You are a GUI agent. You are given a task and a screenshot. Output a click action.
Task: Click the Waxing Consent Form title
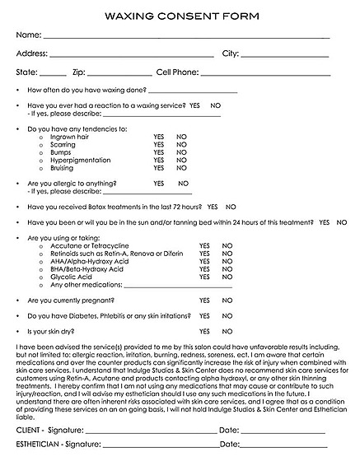180,16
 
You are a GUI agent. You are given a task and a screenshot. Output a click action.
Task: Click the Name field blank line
185,37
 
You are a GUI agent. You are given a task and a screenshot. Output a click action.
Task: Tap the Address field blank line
131,56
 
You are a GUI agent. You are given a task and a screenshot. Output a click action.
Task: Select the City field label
230,54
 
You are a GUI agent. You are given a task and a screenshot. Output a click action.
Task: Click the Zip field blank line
119,75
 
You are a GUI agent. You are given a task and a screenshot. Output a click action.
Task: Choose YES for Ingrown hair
159,137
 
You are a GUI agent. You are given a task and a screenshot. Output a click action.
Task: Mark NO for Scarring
181,144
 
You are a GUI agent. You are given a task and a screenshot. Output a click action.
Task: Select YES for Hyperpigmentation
159,160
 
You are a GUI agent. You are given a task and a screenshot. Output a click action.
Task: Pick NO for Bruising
181,168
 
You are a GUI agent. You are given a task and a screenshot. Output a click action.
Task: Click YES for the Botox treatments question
213,207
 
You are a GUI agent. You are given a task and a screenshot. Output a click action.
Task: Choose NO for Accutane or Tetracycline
227,245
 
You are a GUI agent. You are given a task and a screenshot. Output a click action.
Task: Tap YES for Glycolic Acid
204,277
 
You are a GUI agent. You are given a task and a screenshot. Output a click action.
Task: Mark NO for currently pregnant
227,301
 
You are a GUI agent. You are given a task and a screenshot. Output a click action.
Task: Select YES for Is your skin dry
204,331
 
